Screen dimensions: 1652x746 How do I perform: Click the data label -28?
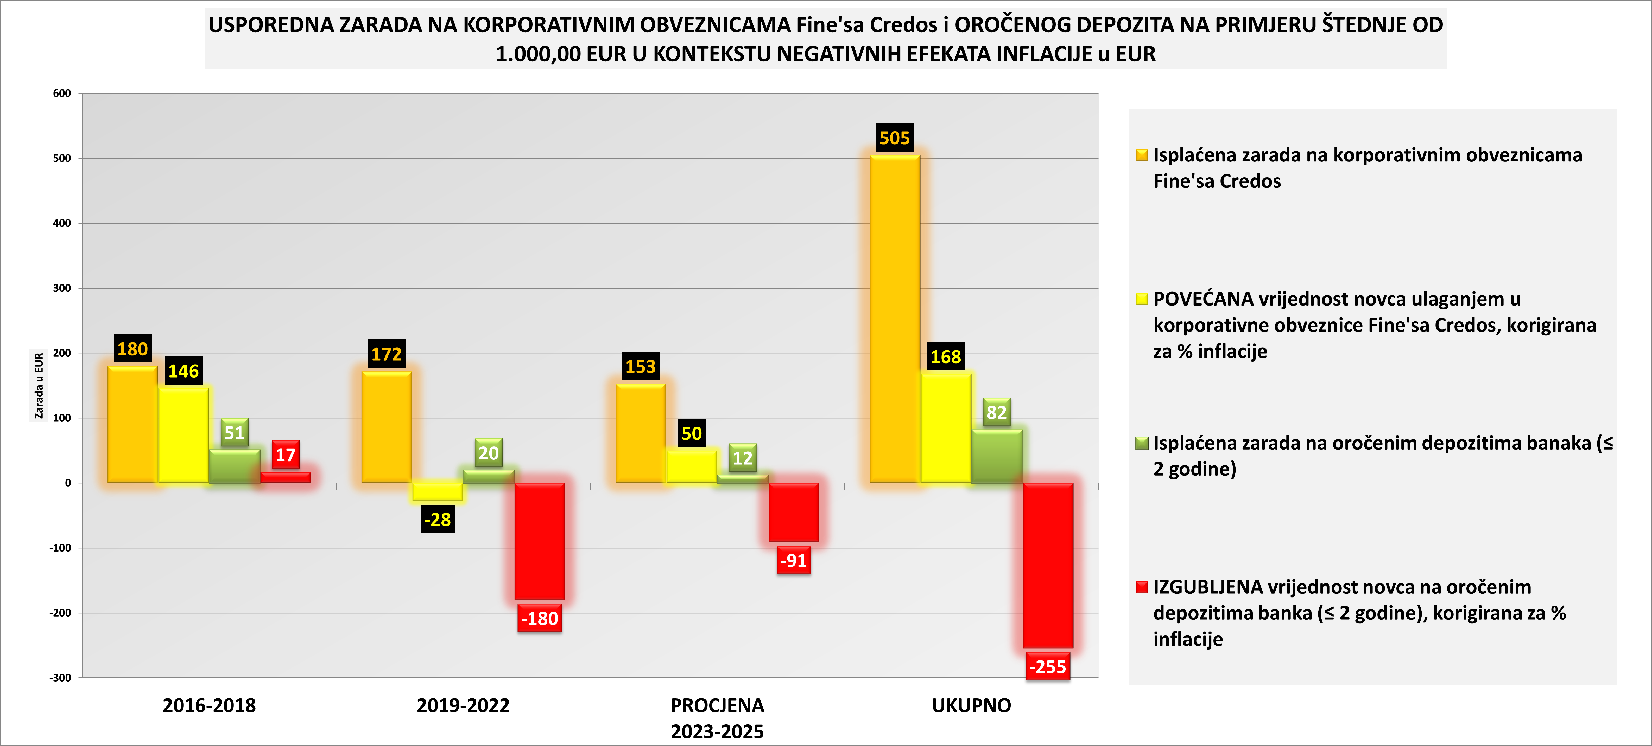[438, 519]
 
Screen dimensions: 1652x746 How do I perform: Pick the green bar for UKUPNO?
[997, 456]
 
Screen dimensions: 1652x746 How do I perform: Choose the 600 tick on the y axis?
[62, 94]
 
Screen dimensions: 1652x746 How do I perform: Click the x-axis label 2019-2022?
[463, 706]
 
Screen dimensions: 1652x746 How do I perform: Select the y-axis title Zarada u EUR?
[39, 386]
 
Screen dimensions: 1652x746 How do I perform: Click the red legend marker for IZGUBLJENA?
[1142, 587]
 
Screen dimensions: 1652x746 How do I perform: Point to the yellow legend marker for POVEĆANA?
[1142, 299]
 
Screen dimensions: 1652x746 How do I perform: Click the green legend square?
[1142, 443]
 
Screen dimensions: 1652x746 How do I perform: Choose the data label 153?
[641, 367]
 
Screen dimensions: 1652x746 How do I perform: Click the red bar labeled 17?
[285, 477]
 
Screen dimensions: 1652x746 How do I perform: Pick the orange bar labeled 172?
[387, 427]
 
